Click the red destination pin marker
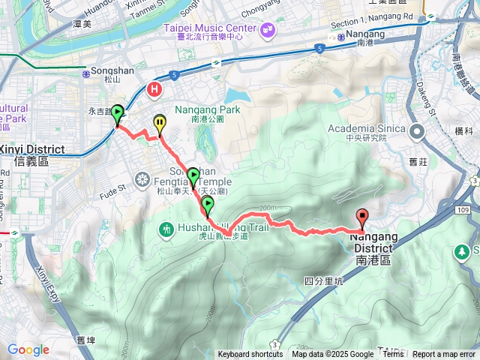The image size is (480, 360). click(x=363, y=218)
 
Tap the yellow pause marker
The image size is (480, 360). click(x=160, y=122)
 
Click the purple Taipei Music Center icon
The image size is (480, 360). click(x=267, y=29)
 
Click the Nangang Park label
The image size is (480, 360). click(x=208, y=113)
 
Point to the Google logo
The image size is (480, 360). click(x=28, y=349)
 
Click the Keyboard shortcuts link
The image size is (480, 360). click(x=250, y=355)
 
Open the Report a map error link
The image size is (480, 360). click(x=444, y=355)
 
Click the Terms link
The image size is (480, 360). click(x=392, y=355)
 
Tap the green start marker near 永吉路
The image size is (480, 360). click(x=118, y=113)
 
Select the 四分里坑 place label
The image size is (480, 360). click(x=324, y=282)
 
